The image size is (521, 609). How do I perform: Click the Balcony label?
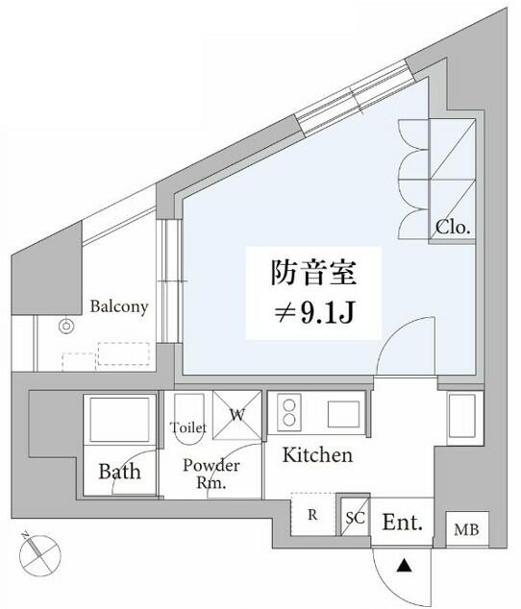click(119, 306)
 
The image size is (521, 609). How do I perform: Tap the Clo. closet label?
click(453, 228)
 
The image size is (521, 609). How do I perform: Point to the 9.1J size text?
click(327, 312)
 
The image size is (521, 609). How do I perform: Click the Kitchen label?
click(317, 454)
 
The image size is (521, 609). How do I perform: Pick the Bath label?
click(119, 472)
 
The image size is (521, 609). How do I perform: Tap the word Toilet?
click(188, 427)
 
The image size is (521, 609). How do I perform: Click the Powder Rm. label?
click(211, 474)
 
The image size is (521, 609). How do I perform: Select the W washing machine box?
click(237, 415)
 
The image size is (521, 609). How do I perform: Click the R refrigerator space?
click(313, 514)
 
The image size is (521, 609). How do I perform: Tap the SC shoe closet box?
click(355, 517)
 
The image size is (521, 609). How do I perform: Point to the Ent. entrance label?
click(403, 522)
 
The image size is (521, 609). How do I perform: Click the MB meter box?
click(467, 529)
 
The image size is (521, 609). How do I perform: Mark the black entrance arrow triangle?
click(405, 566)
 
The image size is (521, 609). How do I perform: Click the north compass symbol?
click(40, 554)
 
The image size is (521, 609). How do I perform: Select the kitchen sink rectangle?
click(343, 414)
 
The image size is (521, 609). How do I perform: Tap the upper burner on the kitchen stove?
click(289, 405)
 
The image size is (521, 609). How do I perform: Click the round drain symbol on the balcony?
click(66, 327)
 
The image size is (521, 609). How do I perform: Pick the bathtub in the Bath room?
click(120, 419)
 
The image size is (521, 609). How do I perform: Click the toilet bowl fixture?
click(188, 420)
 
